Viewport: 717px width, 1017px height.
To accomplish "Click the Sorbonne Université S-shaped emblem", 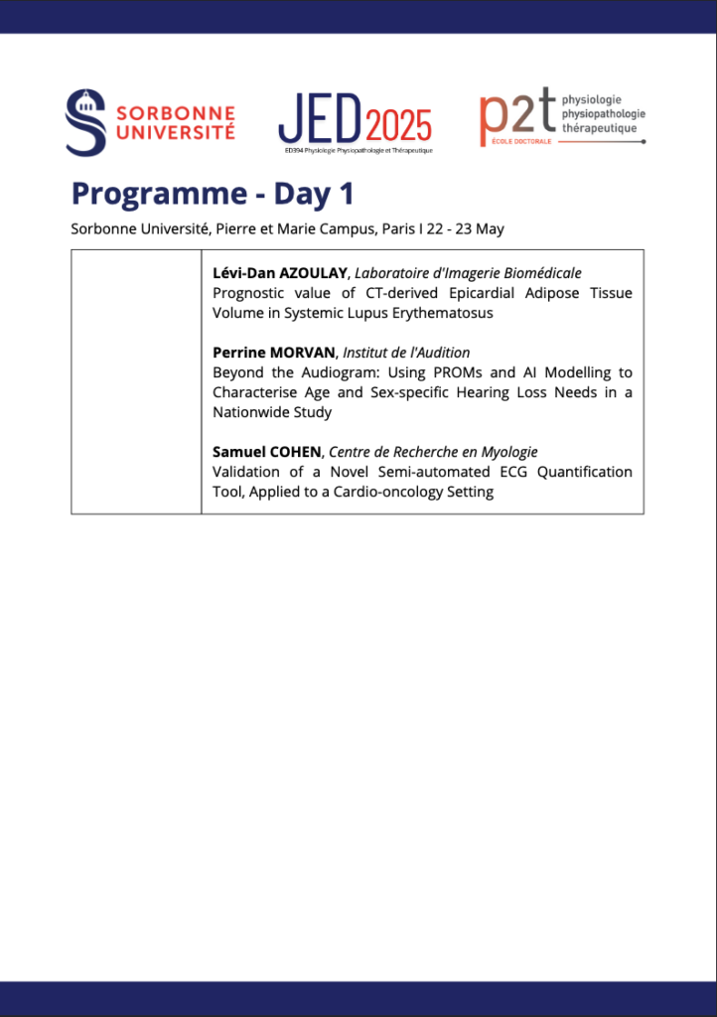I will (85, 122).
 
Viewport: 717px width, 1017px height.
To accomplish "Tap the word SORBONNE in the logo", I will (176, 113).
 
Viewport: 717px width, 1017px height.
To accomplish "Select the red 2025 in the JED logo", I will (399, 126).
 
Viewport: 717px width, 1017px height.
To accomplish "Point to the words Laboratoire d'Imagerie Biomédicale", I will (468, 273).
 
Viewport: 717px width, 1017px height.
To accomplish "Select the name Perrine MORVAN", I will (273, 353).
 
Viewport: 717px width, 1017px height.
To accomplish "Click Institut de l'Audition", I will (406, 353).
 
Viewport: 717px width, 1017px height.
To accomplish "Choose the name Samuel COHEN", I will (267, 452).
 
